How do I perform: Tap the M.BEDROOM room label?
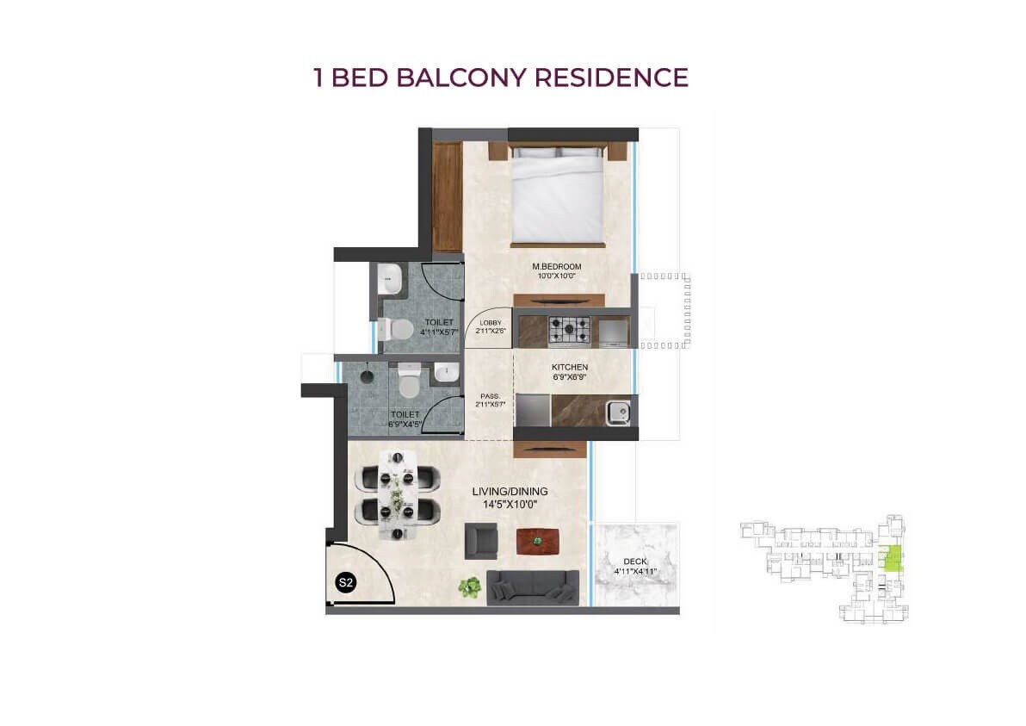[x=557, y=267]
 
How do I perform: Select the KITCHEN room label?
[x=570, y=368]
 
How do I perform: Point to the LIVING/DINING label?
[x=510, y=492]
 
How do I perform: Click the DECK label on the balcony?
[x=634, y=562]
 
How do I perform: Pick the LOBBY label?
[x=489, y=322]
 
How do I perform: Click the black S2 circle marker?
[x=345, y=583]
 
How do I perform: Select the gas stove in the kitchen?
[x=571, y=328]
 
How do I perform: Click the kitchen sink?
[x=619, y=413]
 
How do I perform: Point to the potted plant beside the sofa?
[x=469, y=587]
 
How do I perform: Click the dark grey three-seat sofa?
[x=534, y=586]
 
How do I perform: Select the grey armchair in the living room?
[x=481, y=541]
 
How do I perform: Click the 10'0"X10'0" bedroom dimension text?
[x=557, y=277]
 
